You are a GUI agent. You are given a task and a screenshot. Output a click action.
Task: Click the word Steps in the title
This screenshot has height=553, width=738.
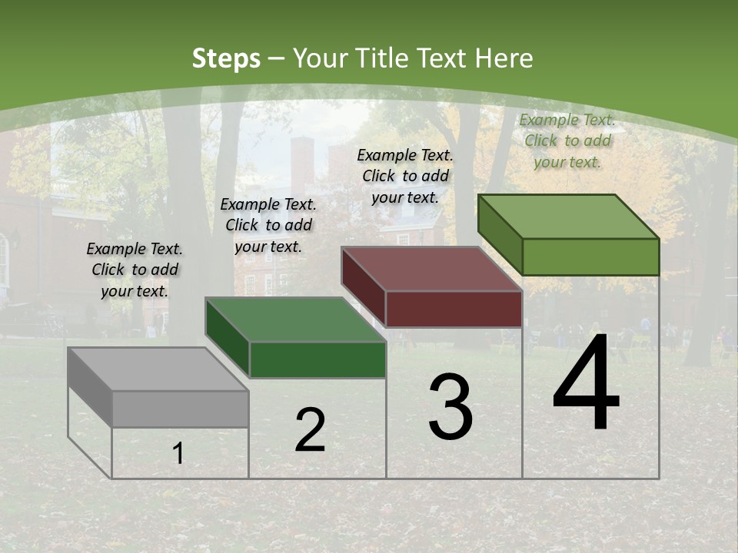tap(226, 58)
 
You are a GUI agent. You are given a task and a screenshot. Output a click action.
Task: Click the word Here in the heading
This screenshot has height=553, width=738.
tap(504, 58)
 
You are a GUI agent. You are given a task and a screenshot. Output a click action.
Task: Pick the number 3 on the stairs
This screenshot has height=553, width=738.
tap(450, 407)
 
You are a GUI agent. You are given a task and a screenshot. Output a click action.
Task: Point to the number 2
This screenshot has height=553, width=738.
tap(310, 430)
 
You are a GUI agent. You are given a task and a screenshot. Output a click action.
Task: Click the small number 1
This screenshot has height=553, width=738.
tap(178, 453)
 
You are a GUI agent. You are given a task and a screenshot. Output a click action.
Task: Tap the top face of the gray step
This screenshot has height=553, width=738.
tap(158, 369)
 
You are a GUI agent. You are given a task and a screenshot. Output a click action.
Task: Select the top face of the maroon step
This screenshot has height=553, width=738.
tap(432, 270)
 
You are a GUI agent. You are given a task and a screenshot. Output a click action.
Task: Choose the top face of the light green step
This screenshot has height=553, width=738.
tap(569, 217)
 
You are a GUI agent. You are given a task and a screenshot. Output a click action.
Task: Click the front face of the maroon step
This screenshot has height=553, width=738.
tap(454, 309)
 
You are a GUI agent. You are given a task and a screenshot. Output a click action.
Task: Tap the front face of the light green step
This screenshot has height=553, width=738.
tap(590, 257)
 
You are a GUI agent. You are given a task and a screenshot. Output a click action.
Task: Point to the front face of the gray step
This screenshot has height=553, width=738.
tap(180, 409)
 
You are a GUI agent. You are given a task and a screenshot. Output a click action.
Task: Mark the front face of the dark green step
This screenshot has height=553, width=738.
tap(317, 359)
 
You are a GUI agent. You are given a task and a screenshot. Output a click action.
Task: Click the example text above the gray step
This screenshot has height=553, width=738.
tap(135, 270)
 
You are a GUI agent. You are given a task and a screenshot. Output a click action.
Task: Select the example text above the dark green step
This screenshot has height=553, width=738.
tap(268, 225)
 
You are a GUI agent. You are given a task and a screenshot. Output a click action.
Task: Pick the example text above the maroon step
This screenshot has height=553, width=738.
tap(405, 176)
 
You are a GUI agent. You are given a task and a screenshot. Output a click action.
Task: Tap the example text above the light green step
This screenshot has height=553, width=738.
tap(567, 141)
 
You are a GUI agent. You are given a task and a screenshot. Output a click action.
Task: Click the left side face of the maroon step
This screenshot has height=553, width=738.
tap(363, 286)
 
